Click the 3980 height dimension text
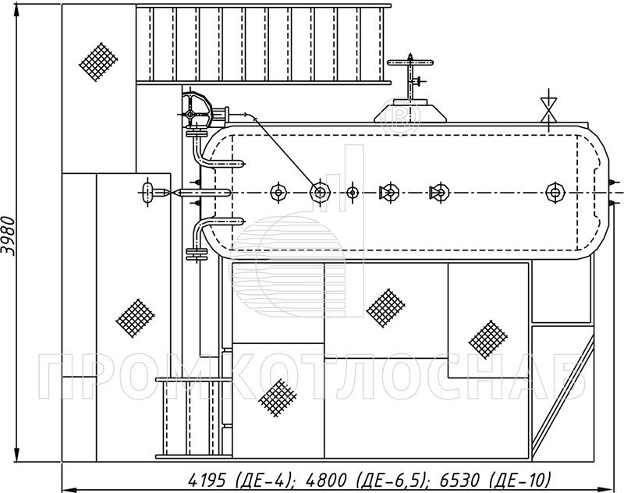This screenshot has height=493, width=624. click(9, 236)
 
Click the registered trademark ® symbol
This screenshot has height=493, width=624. click(400, 115)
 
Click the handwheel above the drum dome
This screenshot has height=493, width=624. click(410, 62)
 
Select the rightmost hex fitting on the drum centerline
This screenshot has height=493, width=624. click(555, 193)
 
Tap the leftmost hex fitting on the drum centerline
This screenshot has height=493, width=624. click(278, 193)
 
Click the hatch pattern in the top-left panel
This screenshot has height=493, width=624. click(98, 62)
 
